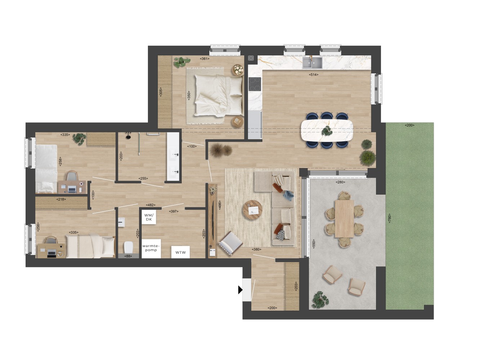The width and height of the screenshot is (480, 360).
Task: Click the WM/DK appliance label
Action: [x=149, y=217]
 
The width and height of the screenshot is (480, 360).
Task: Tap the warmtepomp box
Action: [x=151, y=248]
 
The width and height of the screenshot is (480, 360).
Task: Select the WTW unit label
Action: [x=180, y=252]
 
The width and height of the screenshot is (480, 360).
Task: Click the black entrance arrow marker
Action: [x=240, y=290]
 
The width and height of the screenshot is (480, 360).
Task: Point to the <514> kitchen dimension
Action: [x=313, y=75]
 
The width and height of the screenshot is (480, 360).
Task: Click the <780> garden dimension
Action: [x=389, y=218]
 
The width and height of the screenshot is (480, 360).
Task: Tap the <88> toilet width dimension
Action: [x=128, y=256]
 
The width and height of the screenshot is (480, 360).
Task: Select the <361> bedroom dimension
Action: [x=205, y=59]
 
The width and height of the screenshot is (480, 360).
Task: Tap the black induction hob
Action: [x=255, y=84]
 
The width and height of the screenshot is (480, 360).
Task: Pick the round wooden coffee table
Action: [x=252, y=210]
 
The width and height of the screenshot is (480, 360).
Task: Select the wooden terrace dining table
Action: [x=344, y=219]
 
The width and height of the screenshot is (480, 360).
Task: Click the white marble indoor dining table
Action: [x=327, y=130]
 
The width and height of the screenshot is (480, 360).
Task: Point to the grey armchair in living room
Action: [x=230, y=242]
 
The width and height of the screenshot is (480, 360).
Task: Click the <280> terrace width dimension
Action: [x=340, y=182]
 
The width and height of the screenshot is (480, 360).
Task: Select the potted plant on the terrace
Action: [x=320, y=299]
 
